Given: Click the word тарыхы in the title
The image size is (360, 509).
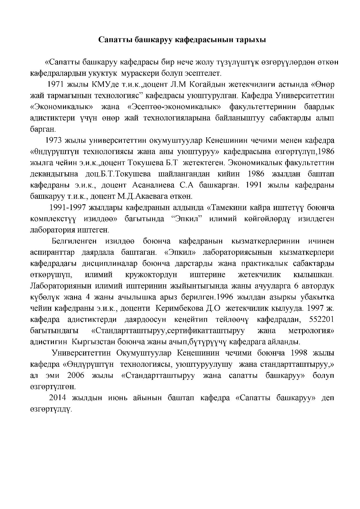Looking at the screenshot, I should click(x=252, y=40).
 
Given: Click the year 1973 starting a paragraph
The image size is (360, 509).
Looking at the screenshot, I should click(x=54, y=140).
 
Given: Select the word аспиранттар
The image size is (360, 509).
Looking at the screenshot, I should click(x=52, y=252).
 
